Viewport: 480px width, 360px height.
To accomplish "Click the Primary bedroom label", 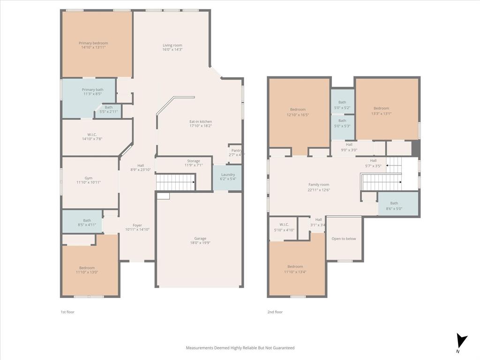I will pyautogui.click(x=93, y=43).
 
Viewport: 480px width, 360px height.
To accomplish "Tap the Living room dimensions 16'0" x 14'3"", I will pyautogui.click(x=172, y=50).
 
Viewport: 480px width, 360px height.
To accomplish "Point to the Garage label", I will pyautogui.click(x=200, y=239).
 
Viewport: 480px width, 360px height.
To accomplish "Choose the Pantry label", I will pyautogui.click(x=236, y=150).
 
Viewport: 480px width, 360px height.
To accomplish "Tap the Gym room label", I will pyautogui.click(x=89, y=178).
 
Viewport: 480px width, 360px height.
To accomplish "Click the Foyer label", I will pyautogui.click(x=137, y=225).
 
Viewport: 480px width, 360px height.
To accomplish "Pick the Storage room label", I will pyautogui.click(x=194, y=161).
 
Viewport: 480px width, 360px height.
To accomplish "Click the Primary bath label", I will pyautogui.click(x=92, y=90).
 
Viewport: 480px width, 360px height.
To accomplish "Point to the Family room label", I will pyautogui.click(x=319, y=185).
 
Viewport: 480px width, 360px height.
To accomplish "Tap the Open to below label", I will pyautogui.click(x=344, y=239).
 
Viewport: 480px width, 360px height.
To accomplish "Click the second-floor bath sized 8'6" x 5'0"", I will pyautogui.click(x=394, y=206).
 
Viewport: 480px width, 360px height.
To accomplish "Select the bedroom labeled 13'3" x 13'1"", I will pyautogui.click(x=381, y=111).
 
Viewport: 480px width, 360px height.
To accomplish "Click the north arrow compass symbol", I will pyautogui.click(x=462, y=341).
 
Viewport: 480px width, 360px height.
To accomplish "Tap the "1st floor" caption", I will pyautogui.click(x=67, y=312).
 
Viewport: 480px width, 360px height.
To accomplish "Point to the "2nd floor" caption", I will pyautogui.click(x=275, y=312).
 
